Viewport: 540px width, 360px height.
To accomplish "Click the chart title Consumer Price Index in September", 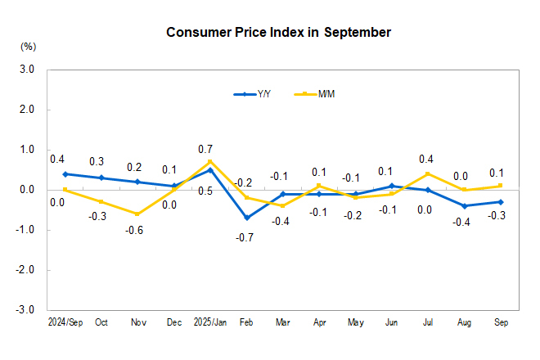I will click(278, 33).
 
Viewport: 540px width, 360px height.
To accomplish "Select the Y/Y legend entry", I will click(253, 94).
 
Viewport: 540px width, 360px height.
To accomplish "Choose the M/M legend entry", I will click(317, 94).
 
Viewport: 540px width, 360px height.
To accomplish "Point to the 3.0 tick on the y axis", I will click(25, 70).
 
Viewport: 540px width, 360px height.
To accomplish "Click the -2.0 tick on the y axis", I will click(24, 270).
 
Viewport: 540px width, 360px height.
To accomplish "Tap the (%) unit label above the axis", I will click(28, 47).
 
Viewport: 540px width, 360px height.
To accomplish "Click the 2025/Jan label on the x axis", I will click(210, 323).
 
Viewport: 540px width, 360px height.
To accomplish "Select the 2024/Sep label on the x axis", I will click(65, 323).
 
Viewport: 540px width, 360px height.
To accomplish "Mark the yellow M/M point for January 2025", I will click(210, 162).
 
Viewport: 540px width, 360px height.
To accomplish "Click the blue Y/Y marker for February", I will click(246, 218).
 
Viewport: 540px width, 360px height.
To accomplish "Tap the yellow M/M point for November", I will click(137, 214).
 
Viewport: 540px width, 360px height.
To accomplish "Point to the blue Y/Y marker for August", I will click(465, 205).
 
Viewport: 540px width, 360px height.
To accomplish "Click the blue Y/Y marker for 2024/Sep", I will click(65, 173).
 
